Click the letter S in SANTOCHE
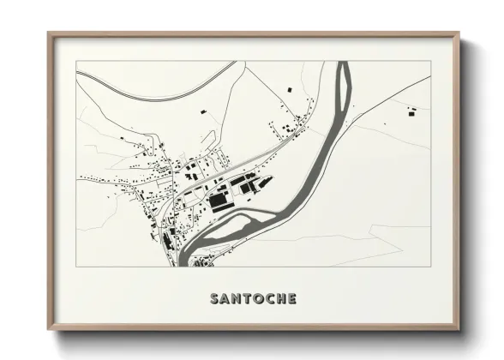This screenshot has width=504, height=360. [214, 299]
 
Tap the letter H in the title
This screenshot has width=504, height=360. [279, 299]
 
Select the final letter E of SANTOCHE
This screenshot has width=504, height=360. [292, 299]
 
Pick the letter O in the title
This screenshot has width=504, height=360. [256, 299]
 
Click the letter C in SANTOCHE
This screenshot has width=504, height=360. [268, 299]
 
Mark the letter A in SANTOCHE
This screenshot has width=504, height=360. [225, 299]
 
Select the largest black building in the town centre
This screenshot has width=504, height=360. [220, 202]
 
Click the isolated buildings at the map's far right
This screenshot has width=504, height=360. [412, 110]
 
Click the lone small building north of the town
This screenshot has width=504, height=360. [203, 111]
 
